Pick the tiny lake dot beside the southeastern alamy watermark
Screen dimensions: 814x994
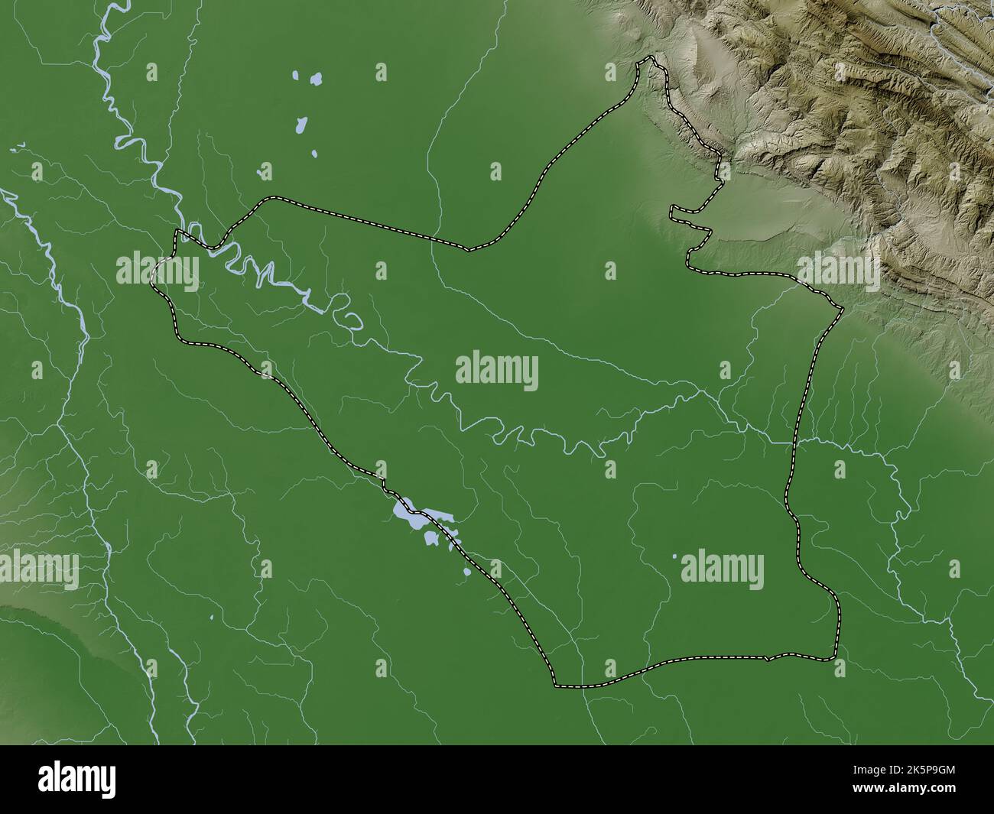click(x=674, y=557)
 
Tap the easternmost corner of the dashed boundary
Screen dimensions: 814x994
click(x=842, y=308)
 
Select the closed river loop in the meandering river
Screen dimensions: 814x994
click(x=350, y=319)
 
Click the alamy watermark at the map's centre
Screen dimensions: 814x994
click(x=497, y=372)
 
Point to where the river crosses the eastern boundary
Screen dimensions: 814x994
click(x=794, y=442)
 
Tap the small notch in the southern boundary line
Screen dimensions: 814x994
click(x=767, y=657)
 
